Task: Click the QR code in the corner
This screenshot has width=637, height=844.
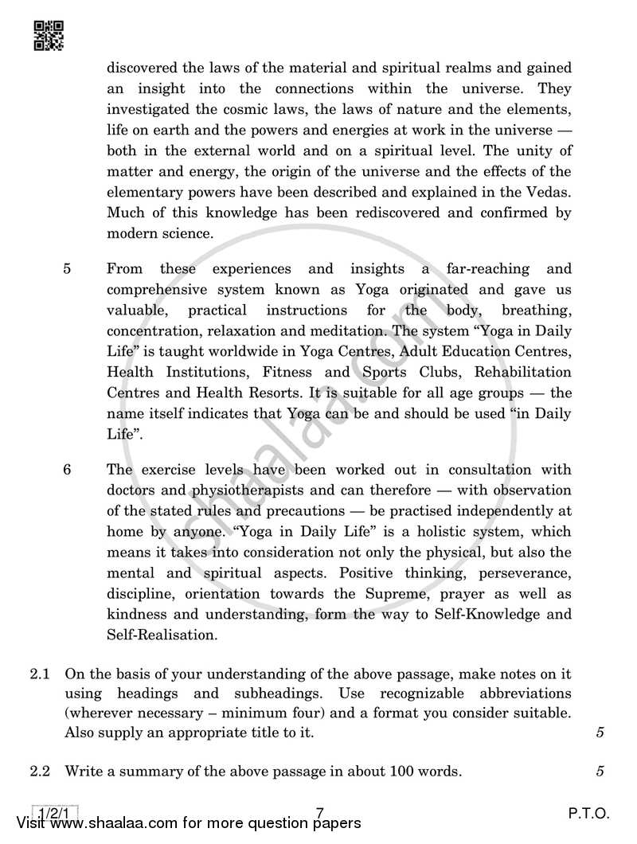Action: click(49, 35)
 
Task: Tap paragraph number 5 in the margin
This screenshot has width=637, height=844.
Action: click(67, 269)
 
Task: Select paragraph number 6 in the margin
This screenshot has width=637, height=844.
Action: click(67, 470)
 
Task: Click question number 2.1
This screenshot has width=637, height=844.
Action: click(41, 674)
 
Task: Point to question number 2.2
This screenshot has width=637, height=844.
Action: click(41, 771)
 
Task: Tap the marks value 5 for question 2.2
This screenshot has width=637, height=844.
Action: click(599, 771)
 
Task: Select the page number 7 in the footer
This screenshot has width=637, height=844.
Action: click(319, 813)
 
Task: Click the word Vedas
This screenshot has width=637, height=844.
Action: click(549, 193)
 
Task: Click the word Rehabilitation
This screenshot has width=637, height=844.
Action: click(522, 373)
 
